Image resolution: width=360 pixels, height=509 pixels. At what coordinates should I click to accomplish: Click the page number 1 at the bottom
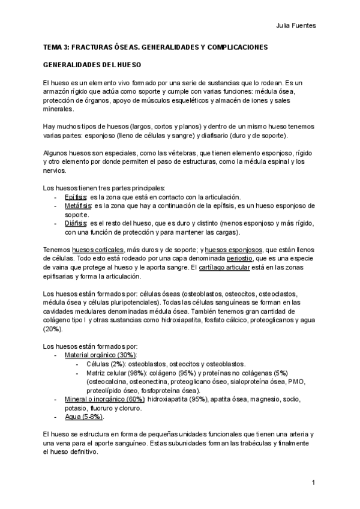314,483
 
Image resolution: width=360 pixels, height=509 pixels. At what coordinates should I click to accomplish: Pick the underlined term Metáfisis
77,206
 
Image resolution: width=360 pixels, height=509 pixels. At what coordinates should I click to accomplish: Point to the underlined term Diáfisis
76,223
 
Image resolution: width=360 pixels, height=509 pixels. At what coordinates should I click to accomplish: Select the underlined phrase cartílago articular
225,267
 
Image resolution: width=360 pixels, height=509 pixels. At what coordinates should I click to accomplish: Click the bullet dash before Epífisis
56,197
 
